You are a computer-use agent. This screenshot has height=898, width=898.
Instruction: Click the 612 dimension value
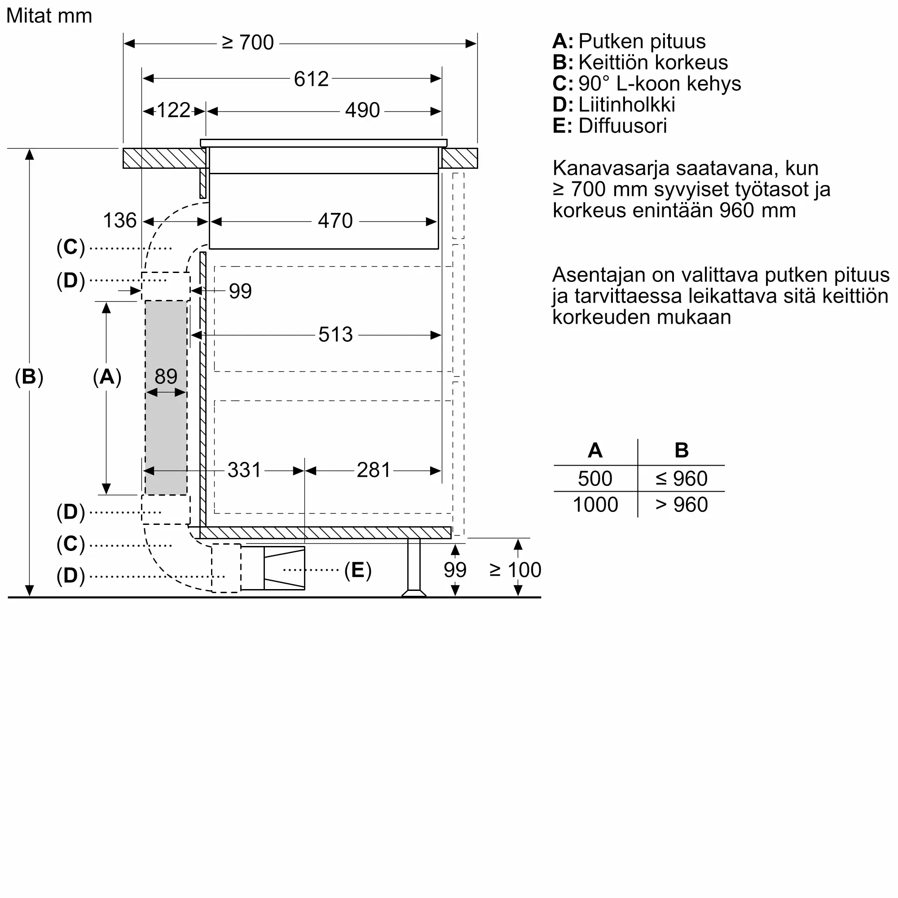tap(311, 79)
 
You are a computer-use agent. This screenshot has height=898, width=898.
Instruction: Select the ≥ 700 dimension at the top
tap(248, 42)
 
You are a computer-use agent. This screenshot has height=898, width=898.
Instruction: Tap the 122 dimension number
tap(173, 110)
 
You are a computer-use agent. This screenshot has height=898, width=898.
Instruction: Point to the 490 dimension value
tap(362, 110)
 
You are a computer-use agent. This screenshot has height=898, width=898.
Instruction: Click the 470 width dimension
tap(335, 220)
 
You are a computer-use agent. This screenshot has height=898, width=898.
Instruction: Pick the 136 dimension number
tap(119, 220)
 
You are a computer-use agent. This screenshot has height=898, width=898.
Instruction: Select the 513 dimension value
tap(335, 334)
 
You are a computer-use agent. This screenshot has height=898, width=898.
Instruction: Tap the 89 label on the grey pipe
tap(166, 376)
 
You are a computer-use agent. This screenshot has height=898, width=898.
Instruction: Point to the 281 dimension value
tap(373, 470)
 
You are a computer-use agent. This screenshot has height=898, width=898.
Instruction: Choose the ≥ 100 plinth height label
tap(515, 570)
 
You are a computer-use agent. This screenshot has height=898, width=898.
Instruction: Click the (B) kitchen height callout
tap(29, 377)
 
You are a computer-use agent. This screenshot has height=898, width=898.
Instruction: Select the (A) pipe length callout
tap(107, 377)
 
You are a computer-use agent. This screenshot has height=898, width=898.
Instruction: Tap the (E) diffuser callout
tap(358, 570)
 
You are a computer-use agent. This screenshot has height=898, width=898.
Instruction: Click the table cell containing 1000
tap(595, 504)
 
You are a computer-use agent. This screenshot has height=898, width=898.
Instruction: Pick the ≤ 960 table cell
tap(682, 478)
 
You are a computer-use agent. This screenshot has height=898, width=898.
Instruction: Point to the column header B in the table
tap(682, 450)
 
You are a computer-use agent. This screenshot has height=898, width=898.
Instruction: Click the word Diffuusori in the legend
tap(623, 126)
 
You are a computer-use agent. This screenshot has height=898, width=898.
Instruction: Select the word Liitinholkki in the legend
tap(627, 105)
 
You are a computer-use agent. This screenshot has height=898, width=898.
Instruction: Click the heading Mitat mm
tap(49, 16)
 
